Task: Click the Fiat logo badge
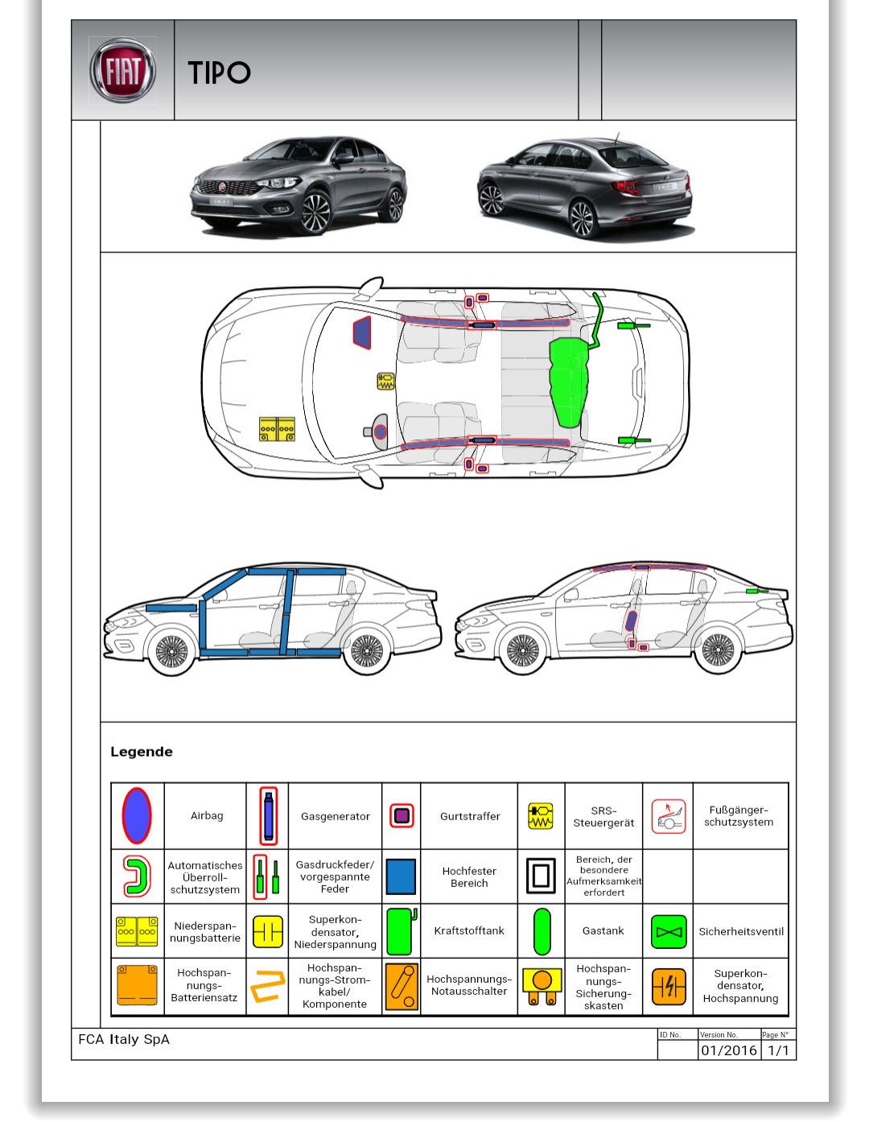click(x=123, y=71)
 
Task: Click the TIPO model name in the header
click(x=219, y=73)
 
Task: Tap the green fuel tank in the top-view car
click(x=569, y=379)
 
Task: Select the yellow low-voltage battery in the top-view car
click(x=277, y=429)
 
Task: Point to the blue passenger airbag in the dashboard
click(x=363, y=332)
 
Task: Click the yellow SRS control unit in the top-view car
click(x=386, y=381)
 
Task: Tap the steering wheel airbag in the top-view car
click(x=380, y=432)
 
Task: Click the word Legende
click(x=142, y=752)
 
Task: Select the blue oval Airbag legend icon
click(x=137, y=815)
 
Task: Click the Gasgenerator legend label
click(x=336, y=816)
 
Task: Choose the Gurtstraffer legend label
click(x=470, y=816)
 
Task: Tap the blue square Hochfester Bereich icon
click(x=401, y=877)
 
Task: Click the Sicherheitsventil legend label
click(x=741, y=931)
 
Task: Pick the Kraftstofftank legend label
click(x=469, y=930)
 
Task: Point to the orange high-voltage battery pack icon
click(x=138, y=985)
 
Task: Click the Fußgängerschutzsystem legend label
click(x=739, y=816)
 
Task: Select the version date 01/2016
click(x=729, y=1050)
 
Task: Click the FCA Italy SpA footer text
click(x=124, y=1039)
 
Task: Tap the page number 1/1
click(x=779, y=1050)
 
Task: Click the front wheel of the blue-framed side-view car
click(x=171, y=651)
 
